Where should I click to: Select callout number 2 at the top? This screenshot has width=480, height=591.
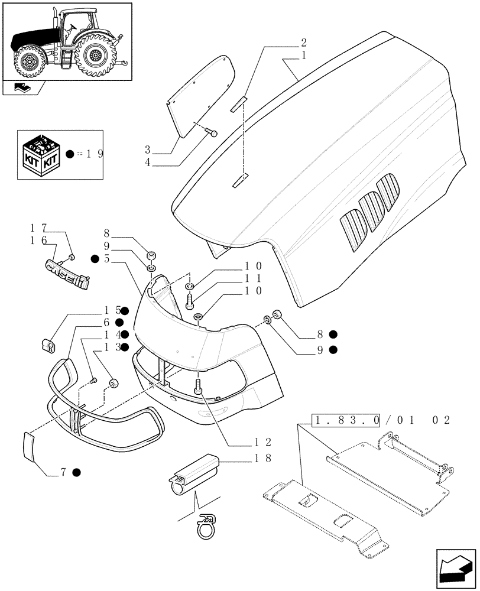click(x=303, y=43)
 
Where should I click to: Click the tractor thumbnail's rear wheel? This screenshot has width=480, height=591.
click(x=95, y=56)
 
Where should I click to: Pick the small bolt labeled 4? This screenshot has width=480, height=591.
click(x=213, y=134)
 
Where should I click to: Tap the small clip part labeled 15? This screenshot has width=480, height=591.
click(x=47, y=343)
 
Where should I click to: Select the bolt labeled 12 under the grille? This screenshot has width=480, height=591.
click(x=198, y=387)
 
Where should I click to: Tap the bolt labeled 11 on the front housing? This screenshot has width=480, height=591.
click(x=189, y=301)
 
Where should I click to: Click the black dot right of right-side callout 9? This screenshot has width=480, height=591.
click(x=333, y=349)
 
